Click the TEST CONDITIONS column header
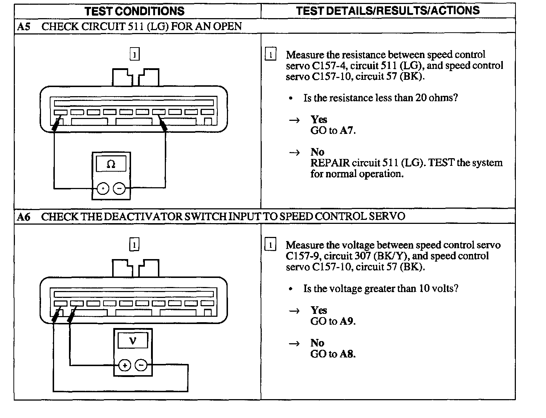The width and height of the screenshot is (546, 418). [134, 11]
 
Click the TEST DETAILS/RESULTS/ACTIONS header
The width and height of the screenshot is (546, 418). [387, 11]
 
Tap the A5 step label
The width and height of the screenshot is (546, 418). [23, 26]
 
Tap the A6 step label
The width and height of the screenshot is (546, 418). [23, 217]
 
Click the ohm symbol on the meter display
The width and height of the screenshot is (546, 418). [111, 164]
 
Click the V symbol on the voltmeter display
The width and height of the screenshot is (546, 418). [133, 341]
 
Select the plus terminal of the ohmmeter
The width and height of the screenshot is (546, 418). [103, 188]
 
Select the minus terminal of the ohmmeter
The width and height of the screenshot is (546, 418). [119, 188]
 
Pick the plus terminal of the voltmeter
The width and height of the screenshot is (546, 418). [125, 365]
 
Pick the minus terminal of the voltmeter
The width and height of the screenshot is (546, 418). [141, 365]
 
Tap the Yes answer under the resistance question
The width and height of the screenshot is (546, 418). [319, 120]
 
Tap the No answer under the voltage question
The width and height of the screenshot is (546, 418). [317, 343]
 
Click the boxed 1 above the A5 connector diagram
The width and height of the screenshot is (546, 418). [135, 54]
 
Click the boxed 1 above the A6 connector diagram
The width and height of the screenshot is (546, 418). [134, 245]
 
